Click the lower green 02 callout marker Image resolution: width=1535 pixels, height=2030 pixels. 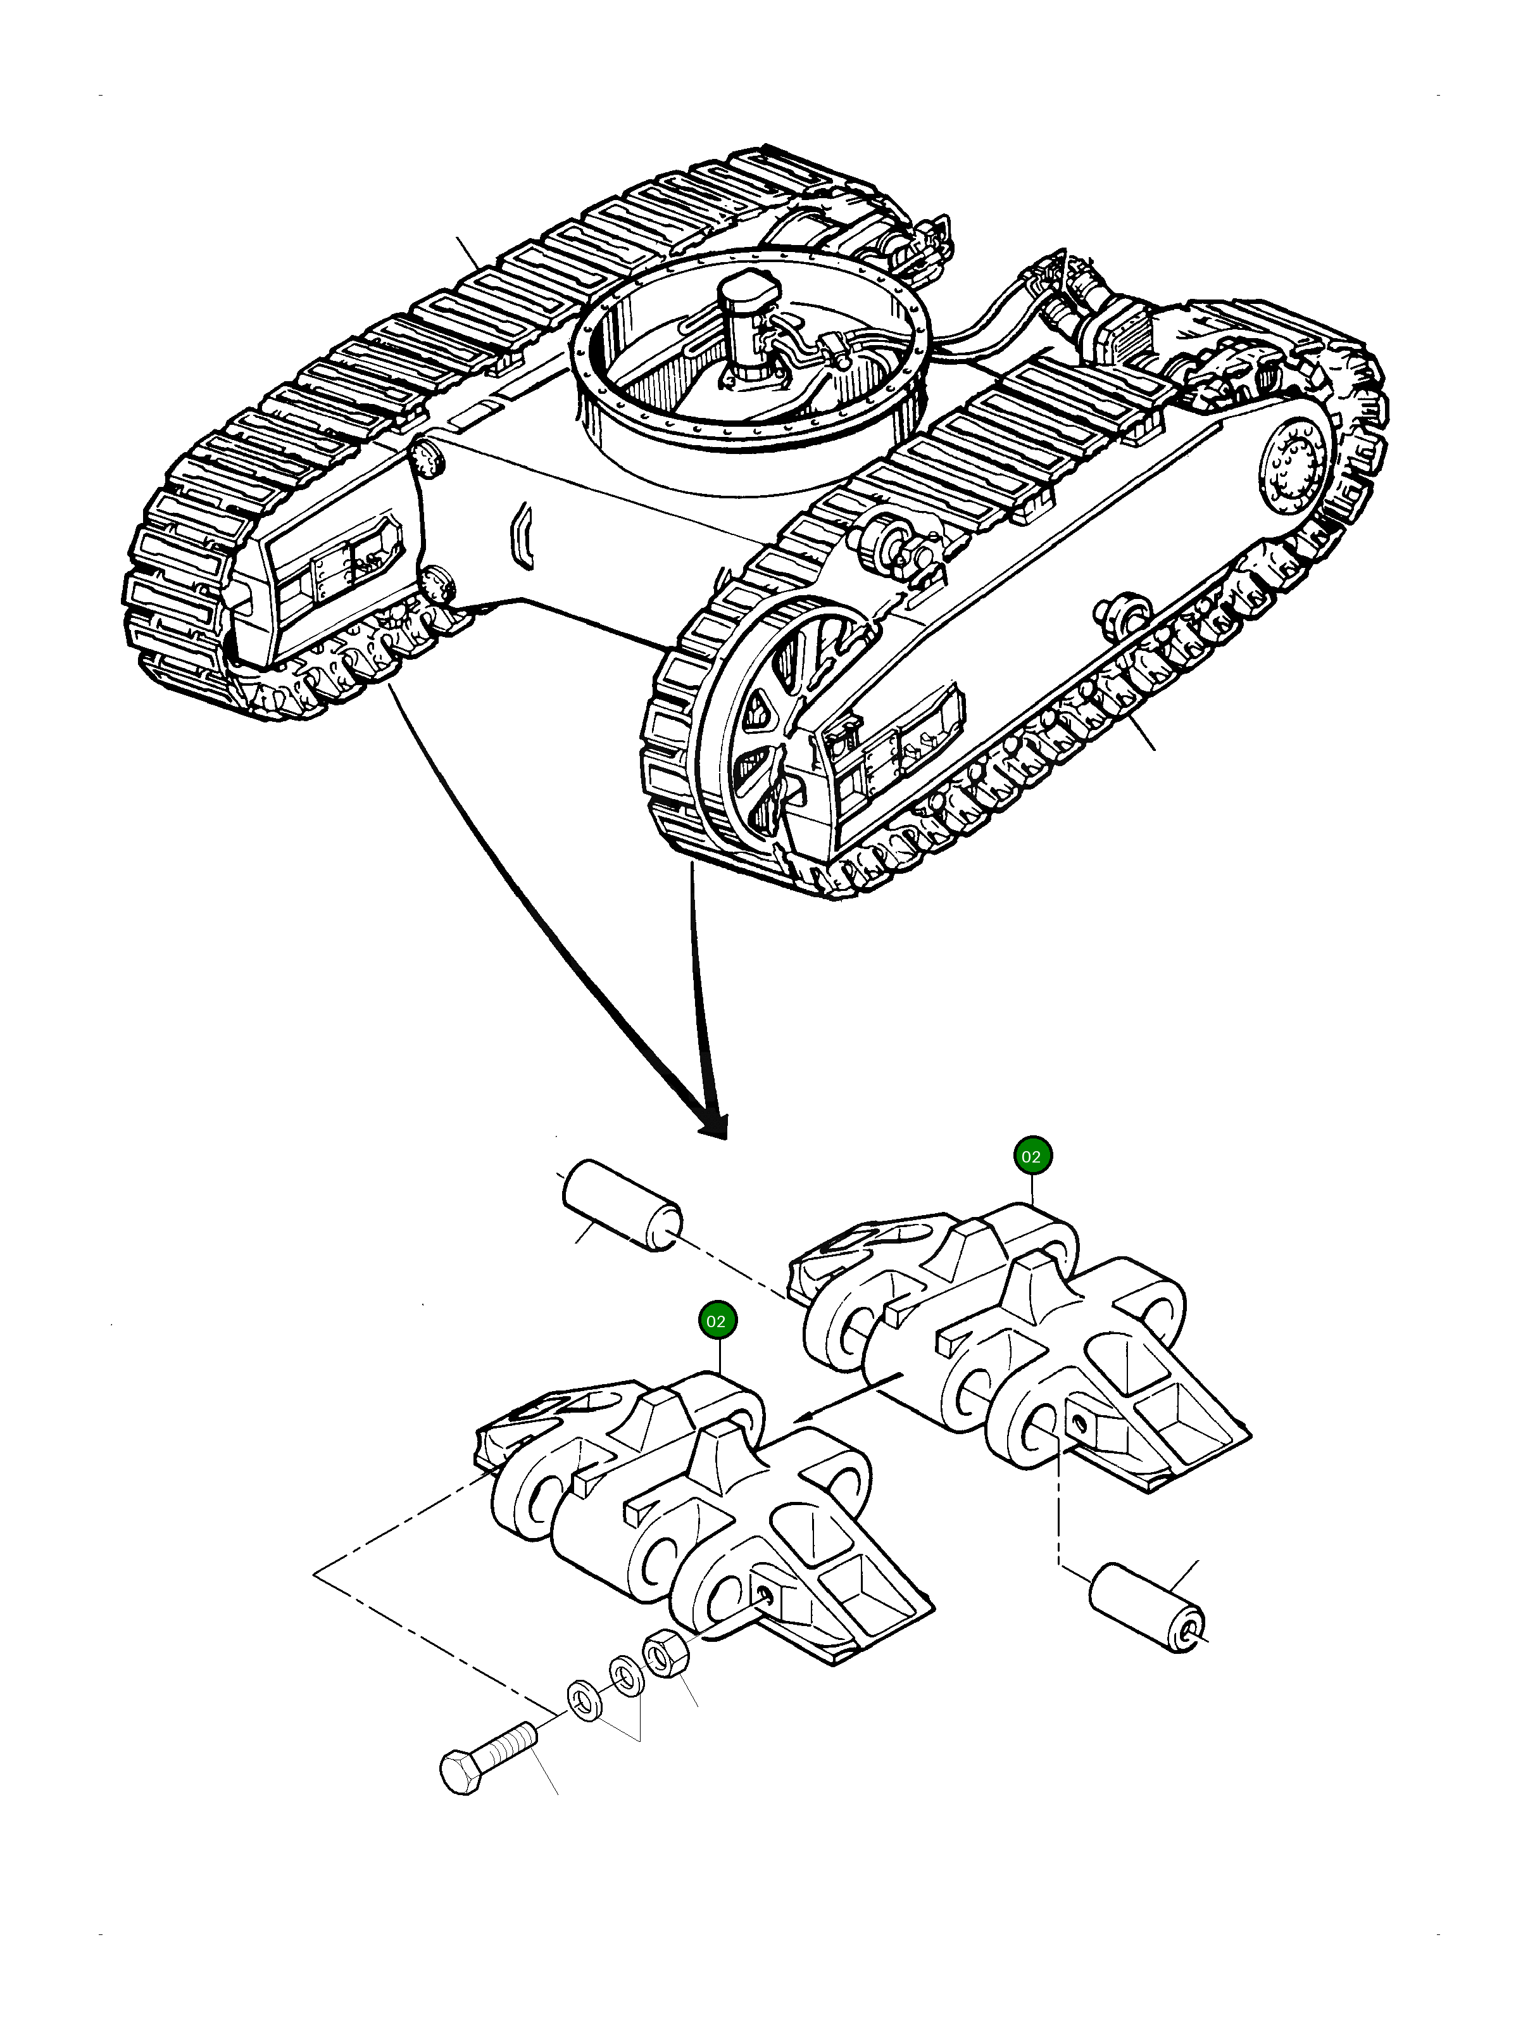[x=717, y=1321]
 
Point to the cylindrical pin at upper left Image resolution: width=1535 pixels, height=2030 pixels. [x=620, y=1205]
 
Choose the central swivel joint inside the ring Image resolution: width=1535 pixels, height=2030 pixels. [x=748, y=321]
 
